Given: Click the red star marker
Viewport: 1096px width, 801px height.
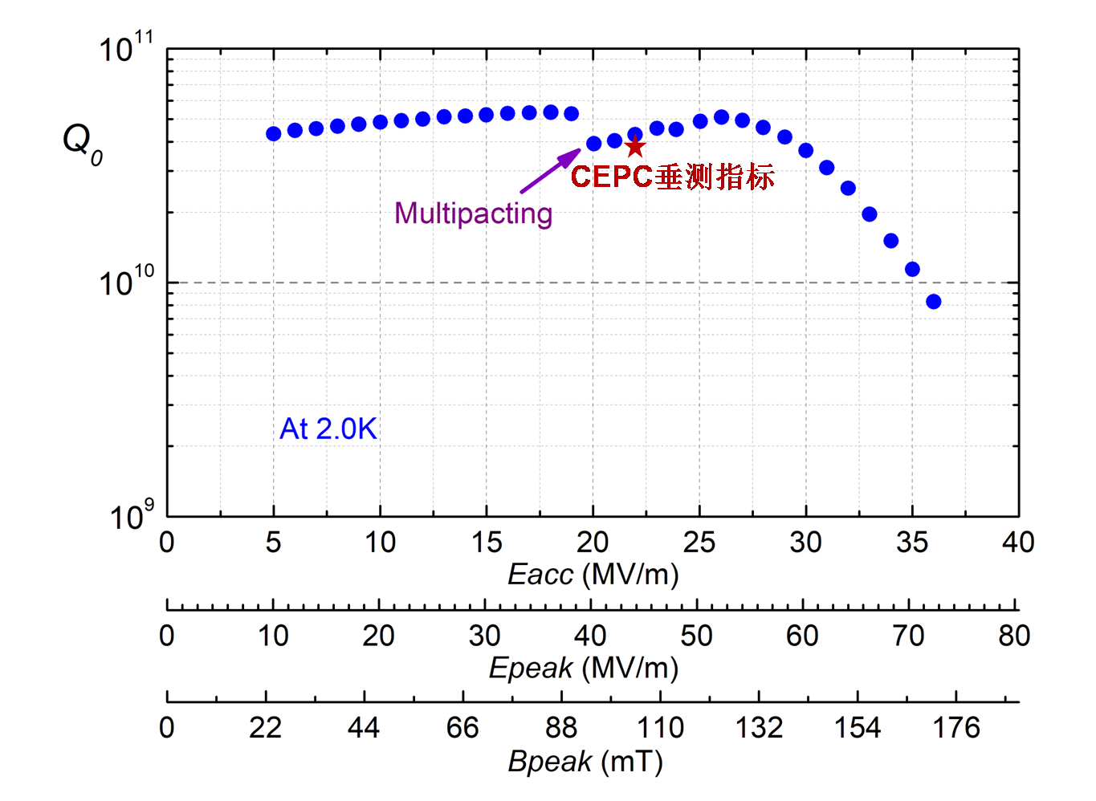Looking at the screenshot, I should tap(635, 147).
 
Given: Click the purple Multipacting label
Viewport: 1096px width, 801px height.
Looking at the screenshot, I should tap(473, 213).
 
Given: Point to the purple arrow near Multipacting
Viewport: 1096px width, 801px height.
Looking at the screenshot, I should tap(550, 171).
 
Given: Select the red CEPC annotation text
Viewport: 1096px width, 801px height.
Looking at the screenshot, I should tap(672, 177).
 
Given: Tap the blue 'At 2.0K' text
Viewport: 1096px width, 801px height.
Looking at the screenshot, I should tap(328, 429).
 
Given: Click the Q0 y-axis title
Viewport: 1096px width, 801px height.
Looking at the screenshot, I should tap(82, 143).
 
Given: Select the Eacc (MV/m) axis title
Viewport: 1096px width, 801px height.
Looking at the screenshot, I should tap(593, 575).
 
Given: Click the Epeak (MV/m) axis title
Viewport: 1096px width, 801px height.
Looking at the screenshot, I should tap(584, 668).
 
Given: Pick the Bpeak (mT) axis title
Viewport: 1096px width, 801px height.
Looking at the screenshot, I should tap(585, 761).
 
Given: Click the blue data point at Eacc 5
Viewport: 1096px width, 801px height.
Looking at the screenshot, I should tap(274, 133).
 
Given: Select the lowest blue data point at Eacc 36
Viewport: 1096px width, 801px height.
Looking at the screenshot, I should tap(933, 302).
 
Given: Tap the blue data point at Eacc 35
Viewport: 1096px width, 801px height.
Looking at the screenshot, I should tap(912, 270).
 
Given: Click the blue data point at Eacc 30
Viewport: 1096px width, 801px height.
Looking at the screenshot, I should tap(806, 150).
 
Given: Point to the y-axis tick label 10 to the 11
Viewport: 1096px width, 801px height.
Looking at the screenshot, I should tap(126, 49).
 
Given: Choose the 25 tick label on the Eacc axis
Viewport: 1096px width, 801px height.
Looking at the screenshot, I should tap(699, 543).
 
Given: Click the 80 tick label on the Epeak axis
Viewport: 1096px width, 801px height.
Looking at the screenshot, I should tap(1014, 636).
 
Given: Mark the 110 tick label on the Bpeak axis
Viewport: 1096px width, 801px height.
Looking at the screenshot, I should tap(660, 728).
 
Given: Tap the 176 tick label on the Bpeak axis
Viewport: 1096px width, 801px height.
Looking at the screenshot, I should tap(956, 728).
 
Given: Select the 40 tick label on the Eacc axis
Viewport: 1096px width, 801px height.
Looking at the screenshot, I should tap(1017, 543).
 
